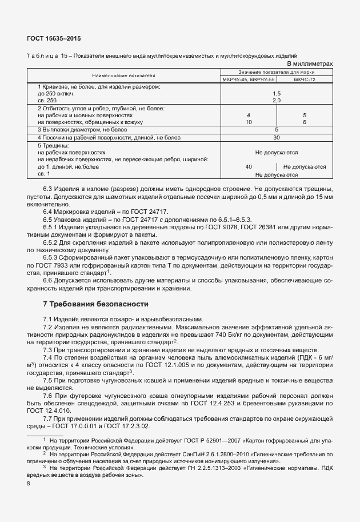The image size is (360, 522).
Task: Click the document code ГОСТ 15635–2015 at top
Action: click(x=54, y=38)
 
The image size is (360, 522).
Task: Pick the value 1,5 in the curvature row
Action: click(x=277, y=93)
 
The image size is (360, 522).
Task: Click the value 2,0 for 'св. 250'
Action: click(x=277, y=100)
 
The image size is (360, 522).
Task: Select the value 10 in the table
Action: click(x=249, y=122)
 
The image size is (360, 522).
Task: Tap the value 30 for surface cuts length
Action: click(x=277, y=137)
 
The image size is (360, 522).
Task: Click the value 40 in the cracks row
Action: click(x=249, y=167)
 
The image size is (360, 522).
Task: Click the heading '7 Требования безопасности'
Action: click(x=96, y=304)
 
